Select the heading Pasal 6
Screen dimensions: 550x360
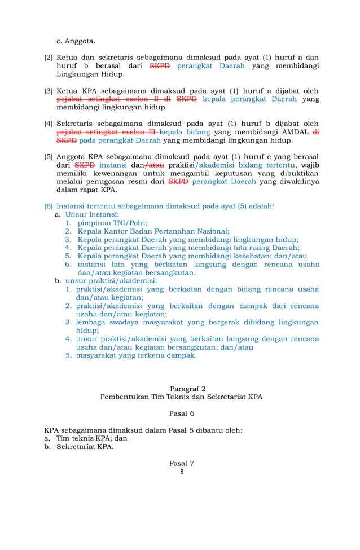(x=181, y=413)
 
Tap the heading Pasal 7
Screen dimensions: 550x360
(x=181, y=463)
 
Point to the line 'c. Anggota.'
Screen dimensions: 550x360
(x=76, y=41)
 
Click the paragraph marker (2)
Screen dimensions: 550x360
(x=49, y=58)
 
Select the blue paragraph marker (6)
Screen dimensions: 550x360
(x=49, y=206)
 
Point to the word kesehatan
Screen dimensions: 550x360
(x=252, y=256)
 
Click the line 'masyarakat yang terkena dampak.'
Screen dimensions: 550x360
(x=137, y=355)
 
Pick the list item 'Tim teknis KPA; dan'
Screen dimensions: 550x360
(x=91, y=438)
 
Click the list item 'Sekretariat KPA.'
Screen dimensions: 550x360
(x=85, y=446)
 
